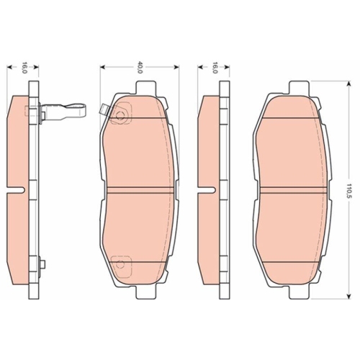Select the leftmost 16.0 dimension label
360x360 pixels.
(24, 68)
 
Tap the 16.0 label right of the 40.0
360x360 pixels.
(215, 68)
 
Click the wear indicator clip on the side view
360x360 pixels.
(68, 111)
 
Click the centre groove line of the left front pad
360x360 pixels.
(140, 190)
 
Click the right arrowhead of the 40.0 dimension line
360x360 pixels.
(176, 67)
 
